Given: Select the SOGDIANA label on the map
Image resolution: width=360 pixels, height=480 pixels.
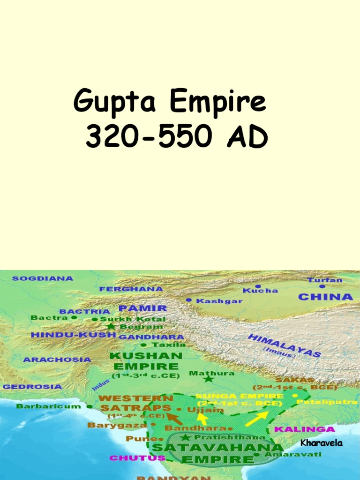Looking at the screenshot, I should click(43, 278).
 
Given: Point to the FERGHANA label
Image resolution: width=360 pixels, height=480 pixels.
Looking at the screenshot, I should click(131, 289).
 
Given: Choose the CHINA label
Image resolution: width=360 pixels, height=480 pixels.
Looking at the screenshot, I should click(325, 297).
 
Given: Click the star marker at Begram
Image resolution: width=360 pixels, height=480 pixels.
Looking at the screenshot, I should click(110, 326).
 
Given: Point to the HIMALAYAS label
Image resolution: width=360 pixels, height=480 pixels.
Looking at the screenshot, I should click(284, 346).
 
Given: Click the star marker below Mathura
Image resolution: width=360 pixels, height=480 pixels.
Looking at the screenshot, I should click(209, 379).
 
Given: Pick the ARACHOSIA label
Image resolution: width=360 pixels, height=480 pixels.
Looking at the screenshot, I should click(57, 360).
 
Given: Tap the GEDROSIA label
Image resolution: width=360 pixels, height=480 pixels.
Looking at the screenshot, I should click(32, 387).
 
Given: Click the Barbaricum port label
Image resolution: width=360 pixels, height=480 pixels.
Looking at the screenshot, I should click(48, 406).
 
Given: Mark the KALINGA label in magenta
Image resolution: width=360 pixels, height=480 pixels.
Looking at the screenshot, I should click(304, 429).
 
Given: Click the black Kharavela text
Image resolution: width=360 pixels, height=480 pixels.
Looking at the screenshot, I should click(321, 443).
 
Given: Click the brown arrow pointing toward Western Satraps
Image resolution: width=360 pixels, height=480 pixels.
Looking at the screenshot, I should click(175, 417).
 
